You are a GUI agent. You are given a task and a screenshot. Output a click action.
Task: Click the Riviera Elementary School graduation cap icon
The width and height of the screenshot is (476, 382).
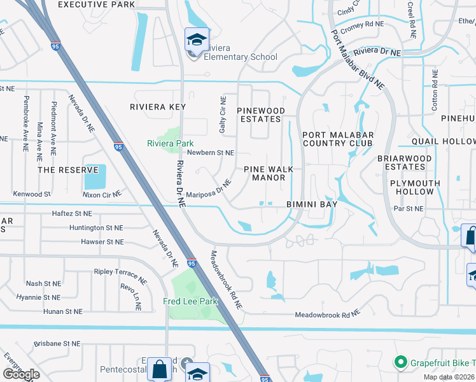point(197,39)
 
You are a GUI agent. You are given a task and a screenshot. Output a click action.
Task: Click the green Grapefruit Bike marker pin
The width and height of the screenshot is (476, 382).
point(400,364)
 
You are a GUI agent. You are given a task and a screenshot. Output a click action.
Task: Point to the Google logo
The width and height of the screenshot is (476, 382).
point(21,374)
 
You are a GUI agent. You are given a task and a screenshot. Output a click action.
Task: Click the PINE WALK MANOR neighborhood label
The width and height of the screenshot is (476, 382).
point(265,173)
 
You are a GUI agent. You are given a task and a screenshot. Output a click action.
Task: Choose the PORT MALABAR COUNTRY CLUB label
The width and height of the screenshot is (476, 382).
point(337,139)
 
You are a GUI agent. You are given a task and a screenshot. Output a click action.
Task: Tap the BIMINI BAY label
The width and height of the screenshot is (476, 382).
point(311,203)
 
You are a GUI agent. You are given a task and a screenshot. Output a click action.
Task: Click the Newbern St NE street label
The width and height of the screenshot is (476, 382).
point(211,153)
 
